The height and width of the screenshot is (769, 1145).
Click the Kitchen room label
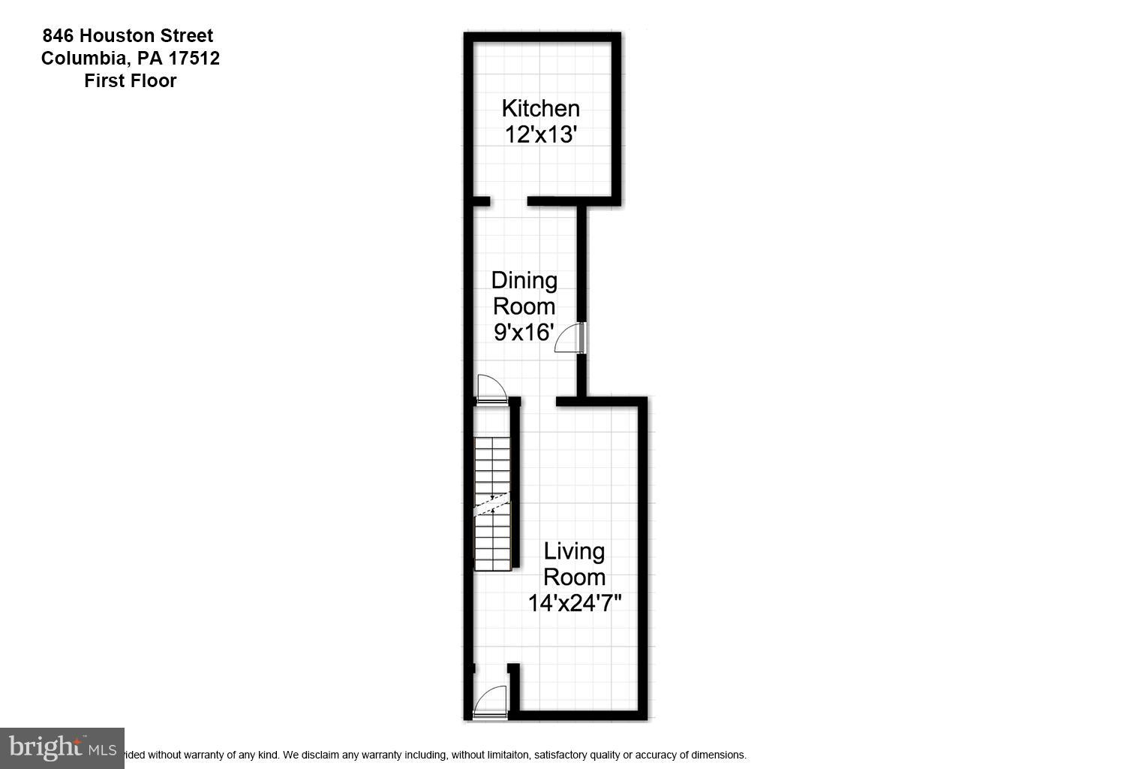coord(540,108)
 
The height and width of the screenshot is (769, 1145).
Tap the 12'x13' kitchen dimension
coord(540,135)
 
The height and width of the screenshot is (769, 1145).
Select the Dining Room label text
coord(524,293)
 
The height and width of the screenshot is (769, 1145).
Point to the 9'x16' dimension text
coord(524,332)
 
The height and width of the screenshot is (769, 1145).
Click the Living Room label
coord(574,564)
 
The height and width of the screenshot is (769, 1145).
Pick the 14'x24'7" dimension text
coord(574,603)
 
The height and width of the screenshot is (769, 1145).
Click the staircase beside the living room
coord(492,503)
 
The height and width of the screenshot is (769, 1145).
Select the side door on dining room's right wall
coord(572,337)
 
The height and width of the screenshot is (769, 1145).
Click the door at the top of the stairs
coord(491,390)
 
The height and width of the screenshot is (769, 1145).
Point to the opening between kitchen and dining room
coord(509,201)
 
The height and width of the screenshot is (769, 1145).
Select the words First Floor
coord(130,80)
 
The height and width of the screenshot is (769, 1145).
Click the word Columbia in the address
coord(83,58)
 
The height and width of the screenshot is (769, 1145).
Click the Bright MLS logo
coord(62,748)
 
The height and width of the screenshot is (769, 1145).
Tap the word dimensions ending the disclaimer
coord(719,755)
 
